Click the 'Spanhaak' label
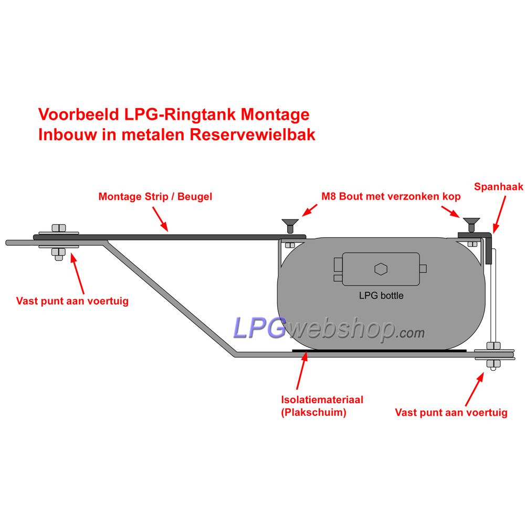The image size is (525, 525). point(499,186)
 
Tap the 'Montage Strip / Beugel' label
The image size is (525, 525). point(155,196)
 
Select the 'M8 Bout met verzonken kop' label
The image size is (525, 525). point(391,196)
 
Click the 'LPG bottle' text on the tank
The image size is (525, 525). point(381,295)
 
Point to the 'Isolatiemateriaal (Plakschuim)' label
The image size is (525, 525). point(322,405)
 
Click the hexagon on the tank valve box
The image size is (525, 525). point(381,268)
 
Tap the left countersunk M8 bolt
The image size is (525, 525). point(290,226)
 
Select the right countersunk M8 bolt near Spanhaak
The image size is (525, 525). point(471,225)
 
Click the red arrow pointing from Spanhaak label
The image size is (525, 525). point(499,215)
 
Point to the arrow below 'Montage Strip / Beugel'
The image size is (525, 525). point(160,219)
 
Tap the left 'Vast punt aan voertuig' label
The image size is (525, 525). point(72,301)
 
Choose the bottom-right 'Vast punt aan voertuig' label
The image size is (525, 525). point(451,412)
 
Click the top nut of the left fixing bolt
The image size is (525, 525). point(59,228)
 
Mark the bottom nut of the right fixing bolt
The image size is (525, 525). point(493,364)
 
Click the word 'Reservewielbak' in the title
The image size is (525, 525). point(253,134)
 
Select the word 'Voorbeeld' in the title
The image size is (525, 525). point(79,114)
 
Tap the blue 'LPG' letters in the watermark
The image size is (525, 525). point(259,328)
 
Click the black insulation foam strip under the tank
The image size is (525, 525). point(379,351)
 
